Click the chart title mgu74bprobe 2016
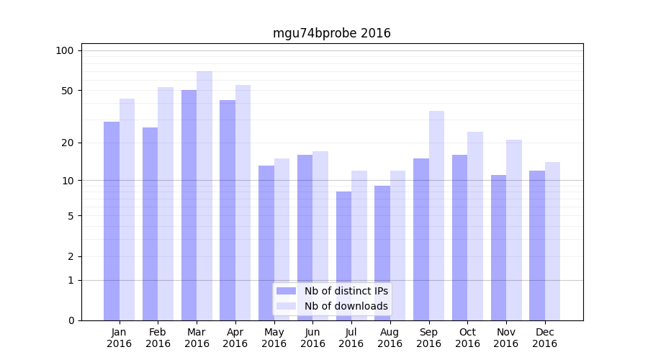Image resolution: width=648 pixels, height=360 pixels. pyautogui.click(x=331, y=33)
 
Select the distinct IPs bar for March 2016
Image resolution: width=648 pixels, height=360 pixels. pyautogui.click(x=189, y=205)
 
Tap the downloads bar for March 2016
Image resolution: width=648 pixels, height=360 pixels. pyautogui.click(x=204, y=196)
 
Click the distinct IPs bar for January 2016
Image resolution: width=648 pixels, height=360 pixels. pyautogui.click(x=112, y=221)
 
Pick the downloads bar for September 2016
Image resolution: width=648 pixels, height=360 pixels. pyautogui.click(x=436, y=215)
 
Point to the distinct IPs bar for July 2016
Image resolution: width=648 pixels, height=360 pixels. pyautogui.click(x=343, y=256)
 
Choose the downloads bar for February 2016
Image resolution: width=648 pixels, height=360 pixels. pyautogui.click(x=166, y=204)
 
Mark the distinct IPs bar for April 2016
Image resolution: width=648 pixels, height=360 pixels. pyautogui.click(x=228, y=210)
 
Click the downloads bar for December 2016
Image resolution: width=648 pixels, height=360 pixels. pyautogui.click(x=552, y=241)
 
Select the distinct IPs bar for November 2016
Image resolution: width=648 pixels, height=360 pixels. pyautogui.click(x=498, y=248)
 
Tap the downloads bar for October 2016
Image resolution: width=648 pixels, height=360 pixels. pyautogui.click(x=475, y=226)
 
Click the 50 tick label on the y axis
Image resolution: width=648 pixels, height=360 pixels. pyautogui.click(x=68, y=91)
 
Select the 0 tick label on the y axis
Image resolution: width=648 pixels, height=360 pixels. pyautogui.click(x=71, y=320)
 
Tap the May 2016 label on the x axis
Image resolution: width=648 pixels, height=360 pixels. pyautogui.click(x=274, y=338)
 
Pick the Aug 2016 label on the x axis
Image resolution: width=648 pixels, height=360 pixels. pyautogui.click(x=390, y=338)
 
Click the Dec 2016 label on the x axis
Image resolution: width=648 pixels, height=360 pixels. pyautogui.click(x=544, y=338)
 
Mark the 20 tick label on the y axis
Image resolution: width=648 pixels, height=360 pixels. pyautogui.click(x=68, y=143)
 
